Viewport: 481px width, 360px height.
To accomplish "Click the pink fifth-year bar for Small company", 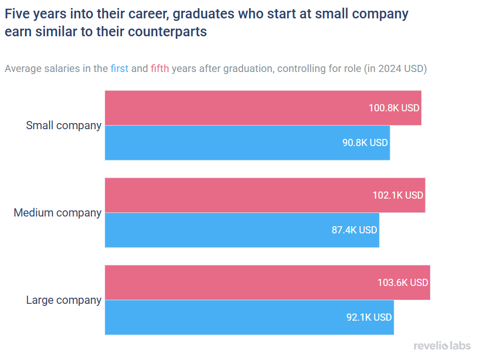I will tap(235, 108).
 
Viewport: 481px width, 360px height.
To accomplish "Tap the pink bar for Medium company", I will tap(235, 195).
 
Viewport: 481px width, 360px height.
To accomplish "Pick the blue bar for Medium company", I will tap(214, 230).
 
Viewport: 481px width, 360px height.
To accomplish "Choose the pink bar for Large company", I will tap(235, 282).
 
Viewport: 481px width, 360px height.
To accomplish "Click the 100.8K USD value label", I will tap(394, 108).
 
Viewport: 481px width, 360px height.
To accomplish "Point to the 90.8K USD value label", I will tap(365, 143).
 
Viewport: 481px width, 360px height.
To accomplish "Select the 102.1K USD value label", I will tap(398, 196).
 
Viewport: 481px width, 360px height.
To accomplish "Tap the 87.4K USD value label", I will tap(354, 230).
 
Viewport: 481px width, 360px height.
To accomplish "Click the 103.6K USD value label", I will tap(402, 283).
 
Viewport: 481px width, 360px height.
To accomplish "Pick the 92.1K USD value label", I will tap(369, 318).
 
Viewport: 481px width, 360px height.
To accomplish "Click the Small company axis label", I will tap(64, 126).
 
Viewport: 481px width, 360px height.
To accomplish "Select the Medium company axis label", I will tap(58, 213).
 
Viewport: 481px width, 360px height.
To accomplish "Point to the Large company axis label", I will tap(64, 300).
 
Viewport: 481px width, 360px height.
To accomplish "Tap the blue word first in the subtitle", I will tap(119, 69).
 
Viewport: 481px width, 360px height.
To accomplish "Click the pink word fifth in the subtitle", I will tap(160, 69).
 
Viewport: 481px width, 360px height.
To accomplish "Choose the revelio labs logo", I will tap(442, 346).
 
